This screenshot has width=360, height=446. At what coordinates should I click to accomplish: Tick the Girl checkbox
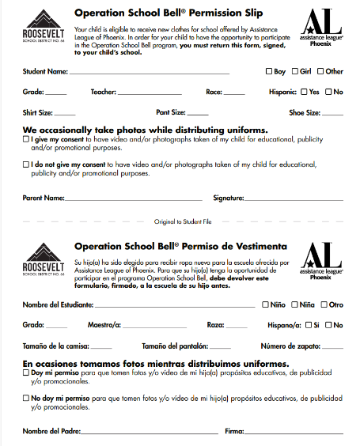[x=295, y=71]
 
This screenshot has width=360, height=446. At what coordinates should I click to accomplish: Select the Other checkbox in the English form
[x=321, y=71]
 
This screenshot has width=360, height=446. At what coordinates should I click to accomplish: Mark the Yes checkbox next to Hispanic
[x=305, y=92]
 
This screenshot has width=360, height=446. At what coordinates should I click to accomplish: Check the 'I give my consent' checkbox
[x=26, y=139]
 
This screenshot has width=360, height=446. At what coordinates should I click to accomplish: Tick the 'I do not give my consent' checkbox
[x=26, y=164]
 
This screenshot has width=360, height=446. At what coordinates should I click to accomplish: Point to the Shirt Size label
[x=38, y=113]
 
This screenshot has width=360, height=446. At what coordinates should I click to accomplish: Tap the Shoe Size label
[x=304, y=113]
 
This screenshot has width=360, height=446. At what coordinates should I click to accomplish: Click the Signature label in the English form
[x=228, y=198]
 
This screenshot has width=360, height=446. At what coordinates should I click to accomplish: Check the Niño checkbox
[x=265, y=304]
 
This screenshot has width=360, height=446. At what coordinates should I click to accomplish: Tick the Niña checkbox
[x=294, y=304]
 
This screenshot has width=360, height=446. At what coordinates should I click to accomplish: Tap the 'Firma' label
[x=234, y=431]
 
